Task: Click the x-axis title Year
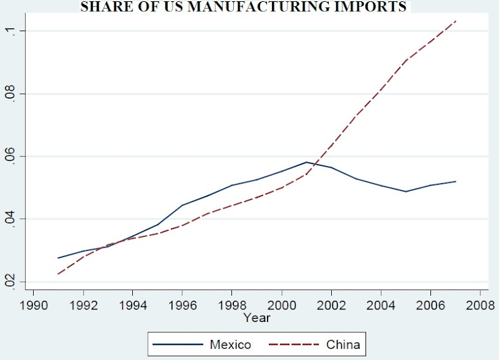point(257,318)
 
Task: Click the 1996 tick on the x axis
point(182,306)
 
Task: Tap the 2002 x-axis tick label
point(331,306)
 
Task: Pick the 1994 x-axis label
point(132,306)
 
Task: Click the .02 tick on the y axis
point(11,281)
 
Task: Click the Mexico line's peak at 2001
point(306,162)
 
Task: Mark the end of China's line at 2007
point(456,21)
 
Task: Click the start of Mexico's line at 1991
point(58,258)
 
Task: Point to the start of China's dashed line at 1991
point(58,274)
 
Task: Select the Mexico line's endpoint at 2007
point(456,182)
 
